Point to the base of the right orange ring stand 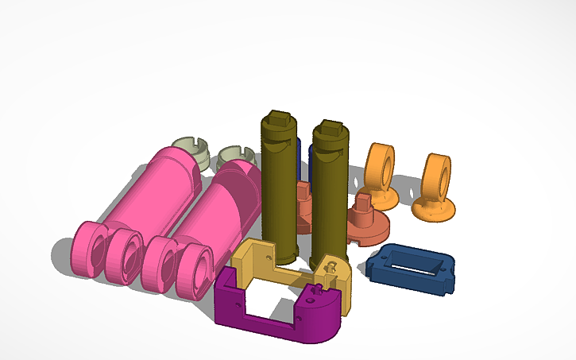click(433, 211)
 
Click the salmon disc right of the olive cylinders click(370, 226)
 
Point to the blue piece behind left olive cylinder click(298, 155)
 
